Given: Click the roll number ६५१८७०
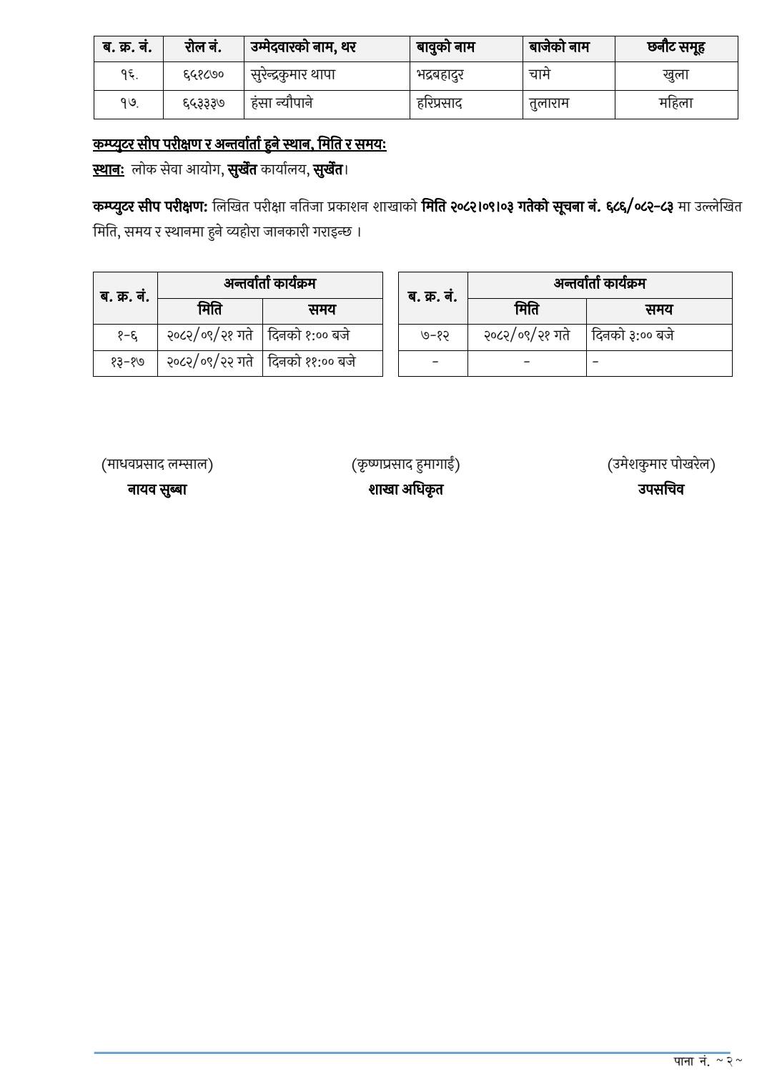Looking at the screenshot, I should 203,75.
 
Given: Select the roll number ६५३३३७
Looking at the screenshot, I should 203,104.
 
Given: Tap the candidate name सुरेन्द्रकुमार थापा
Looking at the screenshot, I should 293,75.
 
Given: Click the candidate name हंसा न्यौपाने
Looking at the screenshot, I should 282,104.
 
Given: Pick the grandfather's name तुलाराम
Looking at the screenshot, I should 549,104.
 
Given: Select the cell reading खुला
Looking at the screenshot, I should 675,75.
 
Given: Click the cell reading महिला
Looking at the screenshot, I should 675,104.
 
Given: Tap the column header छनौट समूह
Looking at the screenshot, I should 675,48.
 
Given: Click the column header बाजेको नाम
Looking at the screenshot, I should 559,48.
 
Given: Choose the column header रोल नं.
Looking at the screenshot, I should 203,48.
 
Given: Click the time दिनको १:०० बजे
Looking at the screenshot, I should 309,336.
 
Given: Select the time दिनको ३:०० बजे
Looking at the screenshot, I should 633,336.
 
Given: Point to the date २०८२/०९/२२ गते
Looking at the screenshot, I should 209,362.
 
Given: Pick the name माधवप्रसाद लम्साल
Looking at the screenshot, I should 157,465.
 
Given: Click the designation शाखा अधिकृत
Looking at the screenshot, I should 405,490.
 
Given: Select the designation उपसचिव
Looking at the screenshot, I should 660,490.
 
